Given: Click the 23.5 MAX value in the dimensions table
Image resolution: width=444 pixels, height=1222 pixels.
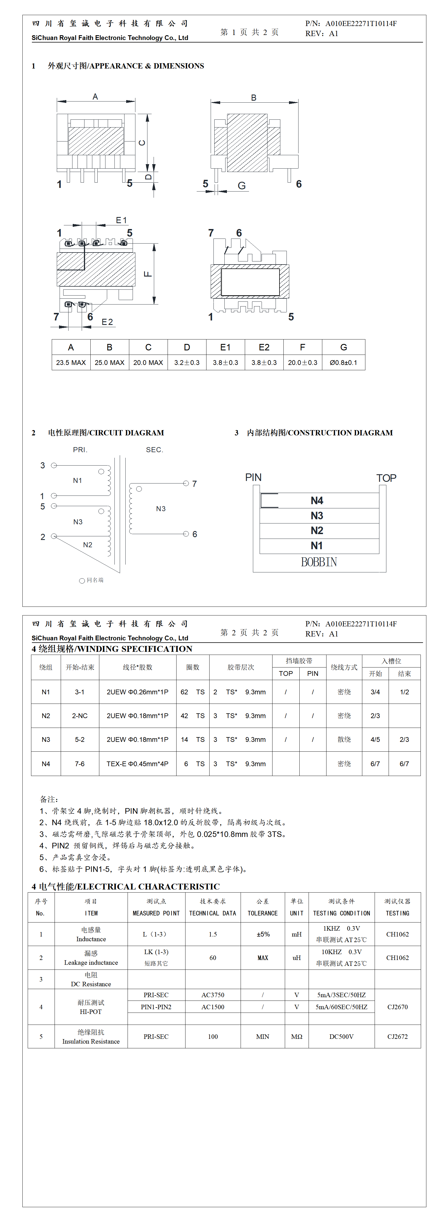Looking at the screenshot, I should tap(71, 362).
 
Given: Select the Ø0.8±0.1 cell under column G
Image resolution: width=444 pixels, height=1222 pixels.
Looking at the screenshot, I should tap(343, 362).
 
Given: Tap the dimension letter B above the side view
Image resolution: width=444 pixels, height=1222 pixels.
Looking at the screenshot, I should tap(253, 98).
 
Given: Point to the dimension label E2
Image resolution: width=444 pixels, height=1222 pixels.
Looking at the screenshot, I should tap(107, 322).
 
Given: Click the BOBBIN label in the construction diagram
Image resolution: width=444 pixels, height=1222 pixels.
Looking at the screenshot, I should tap(319, 562).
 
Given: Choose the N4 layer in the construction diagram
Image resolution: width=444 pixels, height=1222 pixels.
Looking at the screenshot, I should tap(317, 501).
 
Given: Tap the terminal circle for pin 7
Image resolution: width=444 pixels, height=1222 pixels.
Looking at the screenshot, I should tap(186, 483).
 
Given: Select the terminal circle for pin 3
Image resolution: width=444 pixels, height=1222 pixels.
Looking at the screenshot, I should tap(54, 465).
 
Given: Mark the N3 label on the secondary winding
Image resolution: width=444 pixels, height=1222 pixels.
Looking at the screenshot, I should tap(161, 509).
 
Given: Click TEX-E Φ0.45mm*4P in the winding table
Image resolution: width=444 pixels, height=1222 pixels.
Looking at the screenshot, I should tap(137, 764).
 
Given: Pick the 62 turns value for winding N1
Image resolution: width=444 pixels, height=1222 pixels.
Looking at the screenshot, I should tap(184, 692).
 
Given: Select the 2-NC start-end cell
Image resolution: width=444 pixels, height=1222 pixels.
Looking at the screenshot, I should tap(80, 716).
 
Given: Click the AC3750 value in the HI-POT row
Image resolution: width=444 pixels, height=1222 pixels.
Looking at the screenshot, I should tap(213, 995).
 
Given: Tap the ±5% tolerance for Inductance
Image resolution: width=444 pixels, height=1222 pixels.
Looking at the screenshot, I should tap(263, 934).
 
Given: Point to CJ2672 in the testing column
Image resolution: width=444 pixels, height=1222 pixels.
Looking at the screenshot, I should tap(398, 1037).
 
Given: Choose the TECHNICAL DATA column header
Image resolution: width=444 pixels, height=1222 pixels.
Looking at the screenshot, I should tap(213, 913).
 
